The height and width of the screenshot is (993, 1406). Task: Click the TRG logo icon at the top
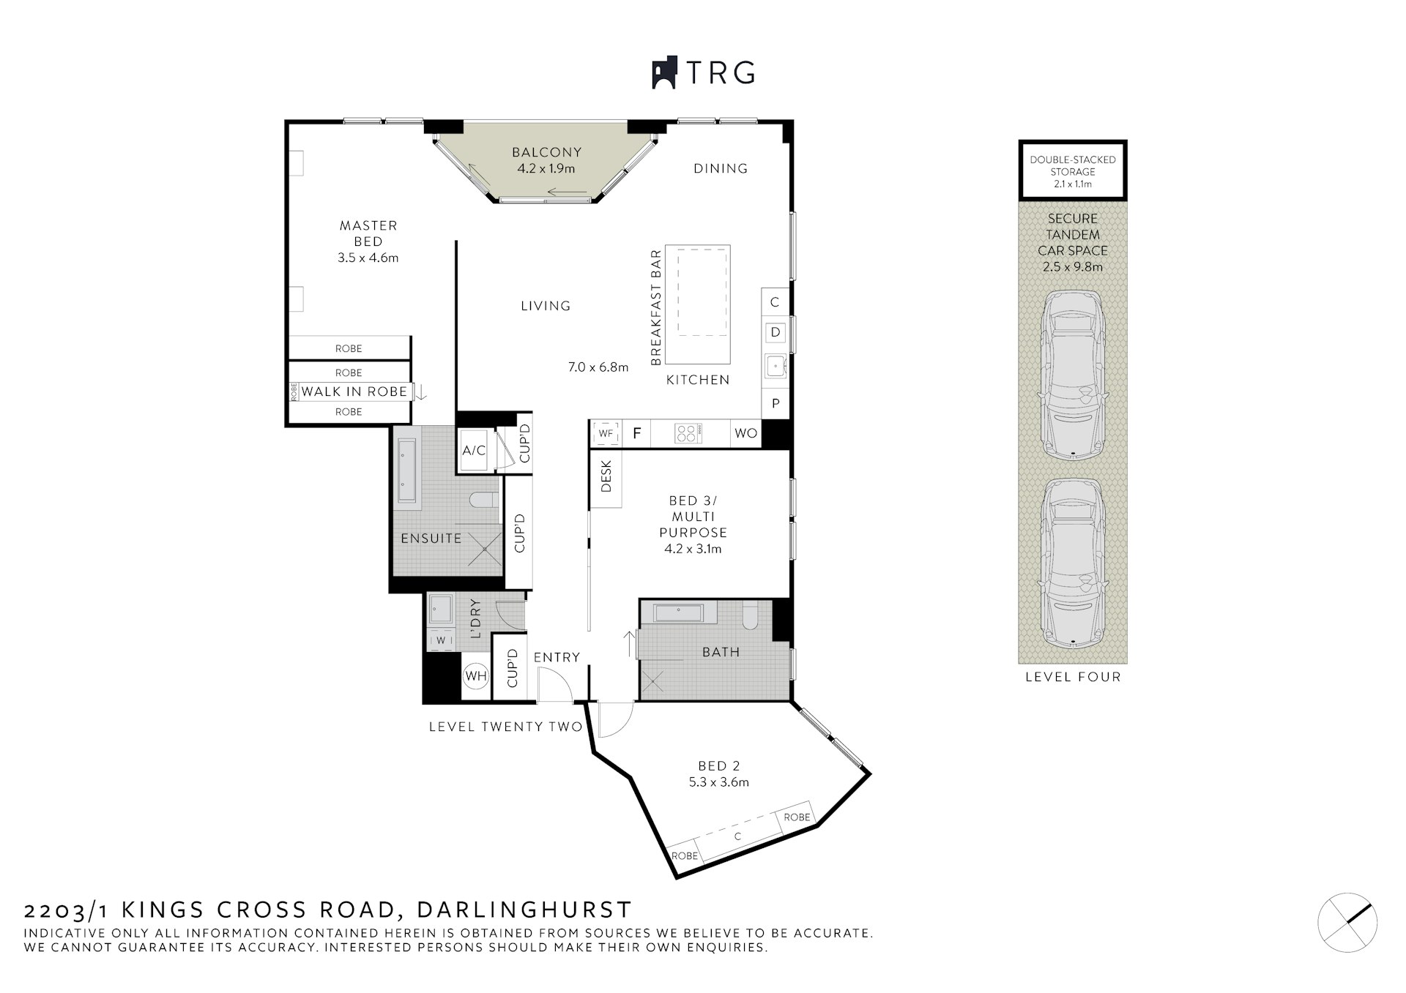click(x=663, y=73)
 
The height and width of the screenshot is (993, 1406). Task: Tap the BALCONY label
click(x=546, y=152)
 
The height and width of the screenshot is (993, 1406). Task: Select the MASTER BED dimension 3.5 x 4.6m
click(x=368, y=258)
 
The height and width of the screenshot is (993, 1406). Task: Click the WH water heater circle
click(x=475, y=676)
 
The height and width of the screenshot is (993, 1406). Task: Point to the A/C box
click(x=474, y=451)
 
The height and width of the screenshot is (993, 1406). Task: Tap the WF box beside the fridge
click(x=606, y=433)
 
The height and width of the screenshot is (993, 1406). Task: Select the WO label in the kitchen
click(x=745, y=433)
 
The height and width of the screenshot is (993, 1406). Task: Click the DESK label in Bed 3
click(x=606, y=476)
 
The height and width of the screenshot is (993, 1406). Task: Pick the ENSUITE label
click(x=431, y=539)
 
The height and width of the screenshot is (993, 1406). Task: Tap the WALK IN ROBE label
click(x=354, y=391)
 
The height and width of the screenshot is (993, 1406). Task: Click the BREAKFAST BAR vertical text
click(x=655, y=307)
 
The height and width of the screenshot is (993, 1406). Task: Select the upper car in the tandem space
click(x=1072, y=375)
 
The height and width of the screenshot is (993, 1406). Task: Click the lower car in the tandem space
click(x=1072, y=563)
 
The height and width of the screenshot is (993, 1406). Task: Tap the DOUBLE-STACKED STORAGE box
click(x=1073, y=171)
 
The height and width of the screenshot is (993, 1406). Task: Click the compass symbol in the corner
click(x=1347, y=923)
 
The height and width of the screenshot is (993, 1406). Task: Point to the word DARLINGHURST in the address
click(x=524, y=910)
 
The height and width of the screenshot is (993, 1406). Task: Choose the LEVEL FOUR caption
click(x=1073, y=677)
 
